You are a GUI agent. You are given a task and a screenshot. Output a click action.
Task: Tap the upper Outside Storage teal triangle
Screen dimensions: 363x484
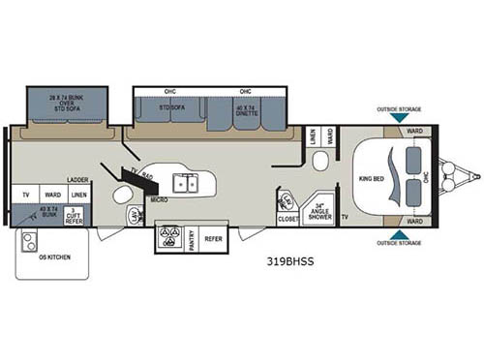tap(399, 117)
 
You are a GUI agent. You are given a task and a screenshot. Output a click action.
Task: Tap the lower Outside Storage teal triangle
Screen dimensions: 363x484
tap(399, 233)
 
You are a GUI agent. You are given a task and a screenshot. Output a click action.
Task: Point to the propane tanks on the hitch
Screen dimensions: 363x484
tap(450, 177)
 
